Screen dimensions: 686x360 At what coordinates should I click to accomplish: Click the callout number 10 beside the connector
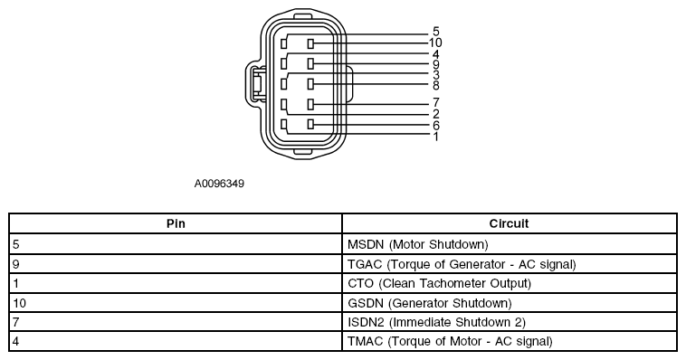tap(435, 43)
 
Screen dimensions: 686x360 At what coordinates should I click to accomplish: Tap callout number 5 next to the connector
tap(435, 32)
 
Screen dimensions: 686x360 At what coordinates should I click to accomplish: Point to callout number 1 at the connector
tap(435, 137)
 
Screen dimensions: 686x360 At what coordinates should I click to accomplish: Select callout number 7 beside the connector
tap(435, 102)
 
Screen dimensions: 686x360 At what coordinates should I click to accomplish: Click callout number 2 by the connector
tap(435, 114)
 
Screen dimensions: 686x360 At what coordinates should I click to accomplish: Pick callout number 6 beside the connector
tap(435, 126)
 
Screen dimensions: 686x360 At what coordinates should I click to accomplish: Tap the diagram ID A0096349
tap(219, 184)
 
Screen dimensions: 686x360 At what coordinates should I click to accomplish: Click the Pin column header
tap(176, 224)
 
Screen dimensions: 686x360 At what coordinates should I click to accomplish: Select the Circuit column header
tap(509, 224)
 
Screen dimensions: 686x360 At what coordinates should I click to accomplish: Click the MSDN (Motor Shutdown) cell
tap(418, 244)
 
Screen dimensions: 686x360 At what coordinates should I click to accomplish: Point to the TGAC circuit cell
tap(462, 264)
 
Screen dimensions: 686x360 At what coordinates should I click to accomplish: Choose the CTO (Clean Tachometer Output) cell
tap(439, 283)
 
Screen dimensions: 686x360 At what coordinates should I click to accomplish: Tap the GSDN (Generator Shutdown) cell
tap(430, 303)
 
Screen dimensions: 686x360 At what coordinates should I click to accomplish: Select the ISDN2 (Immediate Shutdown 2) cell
tap(436, 322)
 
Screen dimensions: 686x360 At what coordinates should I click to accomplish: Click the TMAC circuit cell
tap(450, 341)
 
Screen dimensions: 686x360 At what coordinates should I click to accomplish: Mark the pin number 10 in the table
tap(20, 303)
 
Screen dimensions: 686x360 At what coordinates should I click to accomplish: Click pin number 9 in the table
tap(16, 264)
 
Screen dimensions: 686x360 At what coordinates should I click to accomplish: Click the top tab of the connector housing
tap(303, 16)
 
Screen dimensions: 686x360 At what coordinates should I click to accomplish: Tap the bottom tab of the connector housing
tap(303, 151)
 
